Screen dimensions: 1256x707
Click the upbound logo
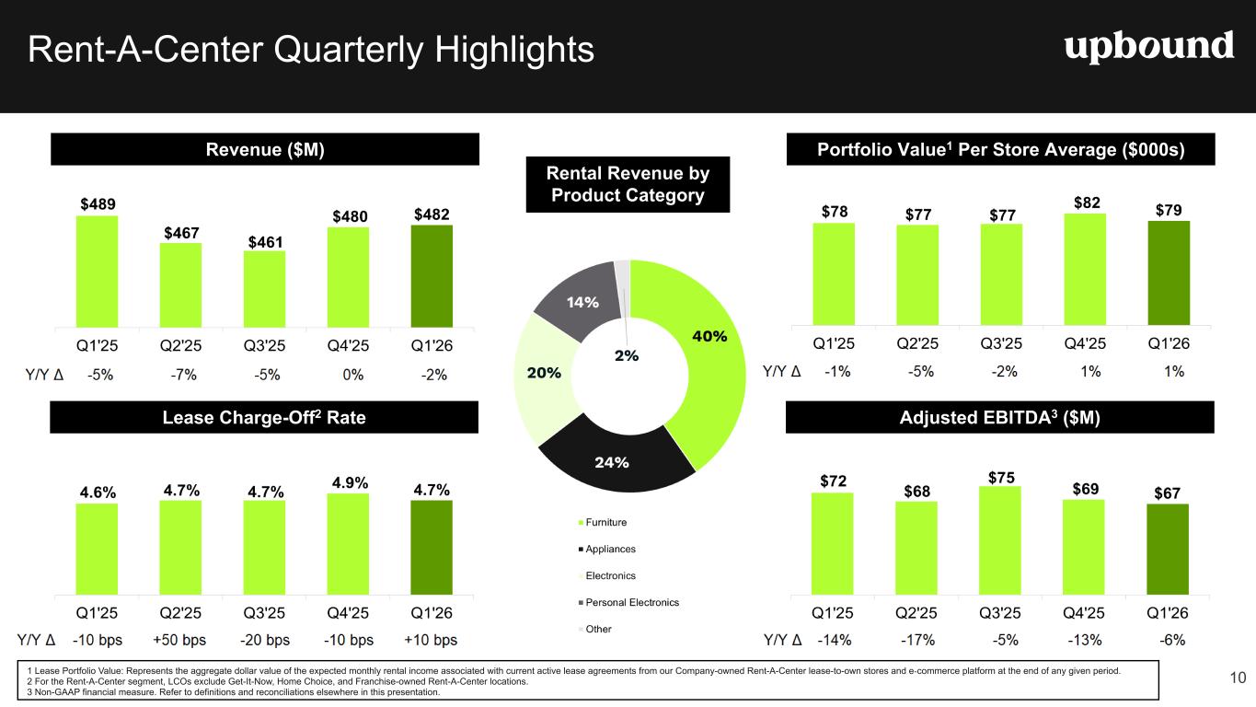pyautogui.click(x=1149, y=47)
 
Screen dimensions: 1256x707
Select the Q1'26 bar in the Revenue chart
pyautogui.click(x=432, y=276)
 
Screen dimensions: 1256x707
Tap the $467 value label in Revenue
pyautogui.click(x=181, y=233)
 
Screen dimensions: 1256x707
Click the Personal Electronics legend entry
pyautogui.click(x=628, y=603)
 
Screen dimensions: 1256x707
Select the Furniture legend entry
pyautogui.click(x=602, y=522)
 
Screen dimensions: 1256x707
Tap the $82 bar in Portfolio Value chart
pyautogui.click(x=1085, y=270)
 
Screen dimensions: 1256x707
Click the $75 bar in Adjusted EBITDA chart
pyautogui.click(x=1000, y=540)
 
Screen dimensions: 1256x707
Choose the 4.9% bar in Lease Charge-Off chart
pyautogui.click(x=348, y=544)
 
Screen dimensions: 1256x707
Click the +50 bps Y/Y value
pyautogui.click(x=179, y=640)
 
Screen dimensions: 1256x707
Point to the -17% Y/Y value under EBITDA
pyautogui.click(x=918, y=640)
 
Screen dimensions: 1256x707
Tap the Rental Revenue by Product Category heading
pyautogui.click(x=628, y=184)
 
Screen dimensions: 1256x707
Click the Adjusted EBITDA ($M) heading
pyautogui.click(x=1000, y=417)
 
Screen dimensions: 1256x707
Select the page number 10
pyautogui.click(x=1238, y=678)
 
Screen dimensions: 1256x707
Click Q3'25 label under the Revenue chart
pyautogui.click(x=264, y=345)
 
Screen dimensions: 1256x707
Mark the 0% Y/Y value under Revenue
pyautogui.click(x=352, y=375)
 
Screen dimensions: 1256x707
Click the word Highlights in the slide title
pyautogui.click(x=514, y=50)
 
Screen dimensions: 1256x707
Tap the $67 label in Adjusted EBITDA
pyautogui.click(x=1167, y=493)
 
